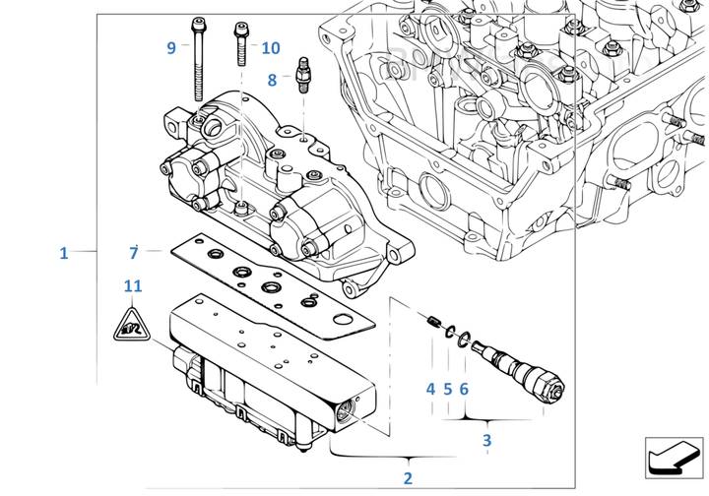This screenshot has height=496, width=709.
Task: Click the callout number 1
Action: pos(63,254)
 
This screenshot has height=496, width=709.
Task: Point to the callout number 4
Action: pos(430,389)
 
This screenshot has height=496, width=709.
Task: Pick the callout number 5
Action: pos(447,389)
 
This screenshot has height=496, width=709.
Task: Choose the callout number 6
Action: pos(464,389)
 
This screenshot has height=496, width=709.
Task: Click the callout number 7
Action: pos(133,254)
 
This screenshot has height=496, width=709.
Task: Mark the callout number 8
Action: pos(272,79)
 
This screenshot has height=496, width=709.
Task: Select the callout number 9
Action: pos(170,47)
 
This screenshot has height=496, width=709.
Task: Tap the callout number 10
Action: pos(271,47)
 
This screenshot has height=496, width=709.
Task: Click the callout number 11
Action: pos(133,286)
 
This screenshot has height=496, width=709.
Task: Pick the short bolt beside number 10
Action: pos(239,44)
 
